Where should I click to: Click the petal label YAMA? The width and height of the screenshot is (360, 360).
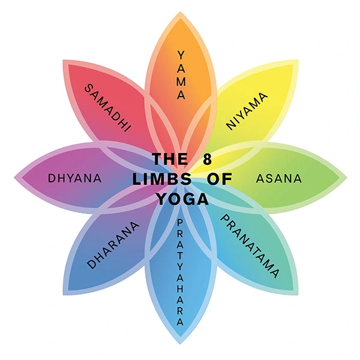(181, 75)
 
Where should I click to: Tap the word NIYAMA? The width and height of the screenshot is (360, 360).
(247, 112)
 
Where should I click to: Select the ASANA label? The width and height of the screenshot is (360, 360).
(279, 179)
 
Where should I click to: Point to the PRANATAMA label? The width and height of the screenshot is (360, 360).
(250, 246)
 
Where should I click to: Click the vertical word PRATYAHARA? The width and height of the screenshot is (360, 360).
(180, 272)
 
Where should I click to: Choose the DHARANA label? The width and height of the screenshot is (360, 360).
(113, 245)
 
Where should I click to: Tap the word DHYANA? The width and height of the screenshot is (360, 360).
(75, 178)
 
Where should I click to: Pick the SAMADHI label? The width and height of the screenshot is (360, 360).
(107, 107)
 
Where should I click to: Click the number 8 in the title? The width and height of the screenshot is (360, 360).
(208, 159)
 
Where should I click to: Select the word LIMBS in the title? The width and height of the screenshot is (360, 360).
(162, 179)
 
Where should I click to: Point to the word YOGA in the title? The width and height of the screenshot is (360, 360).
(183, 199)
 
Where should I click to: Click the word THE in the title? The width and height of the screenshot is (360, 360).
(170, 159)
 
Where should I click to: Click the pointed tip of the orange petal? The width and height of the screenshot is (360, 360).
(180, 12)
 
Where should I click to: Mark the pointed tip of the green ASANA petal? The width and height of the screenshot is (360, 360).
(346, 178)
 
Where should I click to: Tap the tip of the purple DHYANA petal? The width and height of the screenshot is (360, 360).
(14, 178)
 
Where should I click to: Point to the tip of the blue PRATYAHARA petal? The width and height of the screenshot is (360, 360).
(180, 344)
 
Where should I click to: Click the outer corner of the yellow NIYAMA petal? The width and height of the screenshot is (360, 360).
(298, 60)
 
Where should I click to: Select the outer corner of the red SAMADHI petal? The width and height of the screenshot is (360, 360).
(63, 61)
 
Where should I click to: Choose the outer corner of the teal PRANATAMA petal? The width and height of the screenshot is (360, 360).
(298, 295)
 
